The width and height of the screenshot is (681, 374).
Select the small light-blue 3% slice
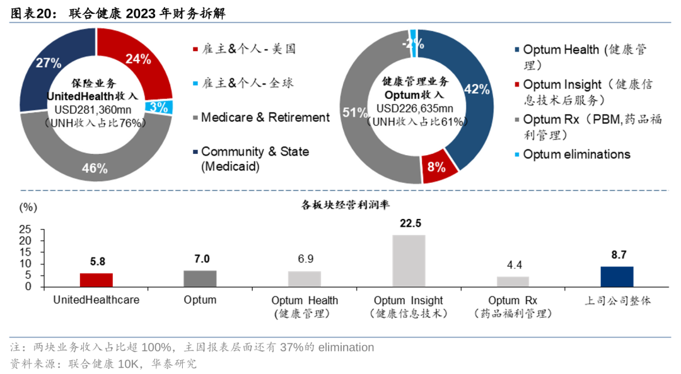pyautogui.click(x=160, y=107)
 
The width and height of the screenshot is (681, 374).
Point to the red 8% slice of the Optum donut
pyautogui.click(x=436, y=167)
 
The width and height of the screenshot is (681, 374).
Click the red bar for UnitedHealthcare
pyautogui.click(x=96, y=279)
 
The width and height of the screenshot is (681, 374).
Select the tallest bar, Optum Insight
pyautogui.click(x=409, y=260)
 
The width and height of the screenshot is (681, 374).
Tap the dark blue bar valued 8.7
pyautogui.click(x=617, y=276)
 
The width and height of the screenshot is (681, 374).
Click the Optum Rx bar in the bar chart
pyautogui.click(x=513, y=281)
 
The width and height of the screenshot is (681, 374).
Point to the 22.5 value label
pyautogui.click(x=409, y=223)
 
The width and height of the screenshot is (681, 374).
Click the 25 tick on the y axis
pyautogui.click(x=25, y=228)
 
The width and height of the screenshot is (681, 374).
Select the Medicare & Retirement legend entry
pyautogui.click(x=265, y=117)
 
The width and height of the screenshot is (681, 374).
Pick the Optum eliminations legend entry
pyautogui.click(x=576, y=155)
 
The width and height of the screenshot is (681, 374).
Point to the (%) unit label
pyautogui.click(x=28, y=206)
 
